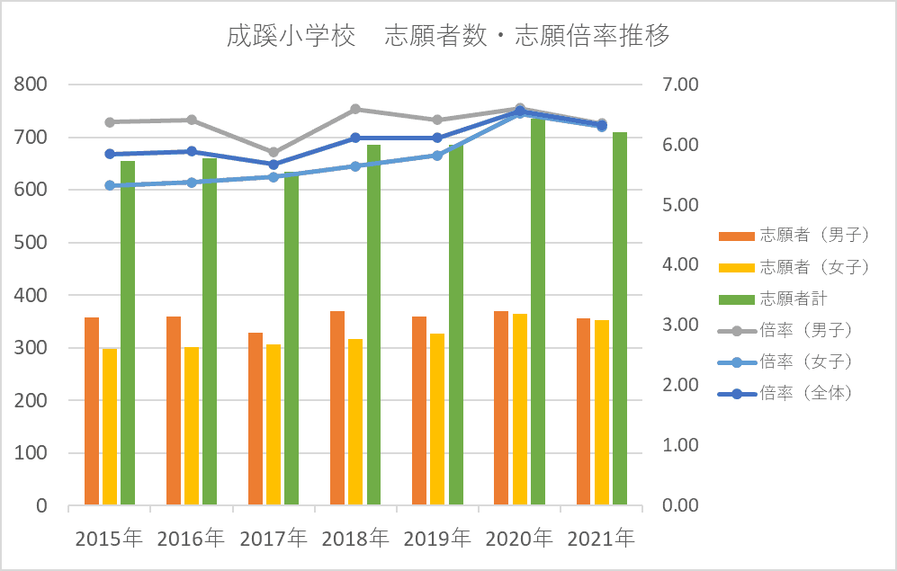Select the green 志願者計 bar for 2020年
pyautogui.click(x=538, y=311)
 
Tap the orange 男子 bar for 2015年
pyautogui.click(x=91, y=411)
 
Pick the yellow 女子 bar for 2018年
pyautogui.click(x=355, y=422)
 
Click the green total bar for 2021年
pyautogui.click(x=620, y=318)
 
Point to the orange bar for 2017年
pyautogui.click(x=256, y=419)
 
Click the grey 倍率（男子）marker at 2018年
pyautogui.click(x=355, y=109)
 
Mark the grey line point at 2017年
pyautogui.click(x=274, y=152)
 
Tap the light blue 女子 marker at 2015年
pyautogui.click(x=110, y=185)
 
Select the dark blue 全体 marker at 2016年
pyautogui.click(x=192, y=151)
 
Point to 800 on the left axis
pyautogui.click(x=30, y=85)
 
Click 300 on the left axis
pyautogui.click(x=30, y=348)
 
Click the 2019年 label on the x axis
pyautogui.click(x=437, y=540)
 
